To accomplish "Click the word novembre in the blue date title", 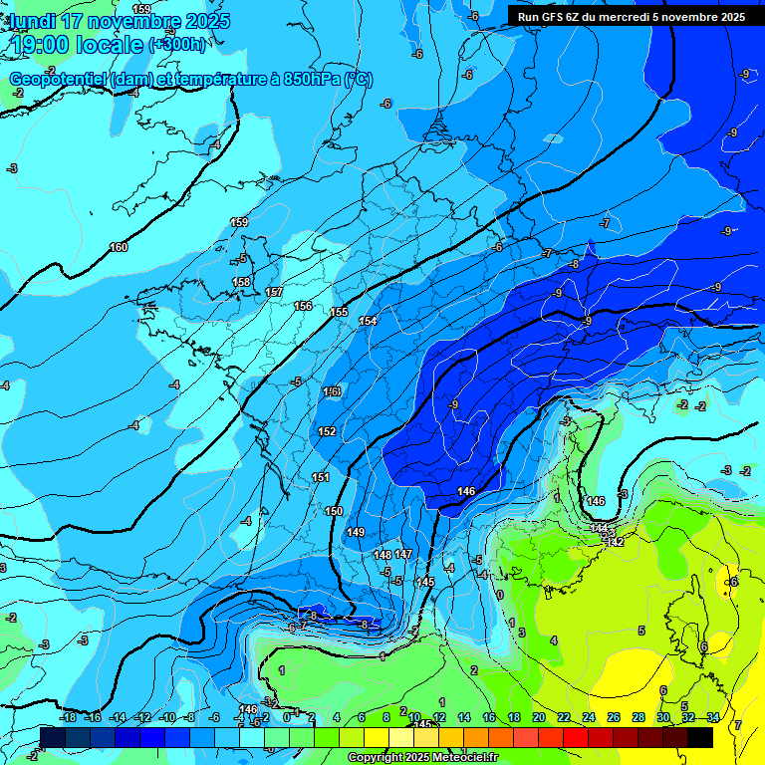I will [133, 21].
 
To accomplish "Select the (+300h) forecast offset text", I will [178, 45].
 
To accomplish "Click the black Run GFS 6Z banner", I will [632, 17].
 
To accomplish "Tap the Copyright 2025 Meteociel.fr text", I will [423, 758].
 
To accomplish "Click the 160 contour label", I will [119, 247].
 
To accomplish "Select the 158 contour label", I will [241, 283].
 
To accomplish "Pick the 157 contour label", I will [275, 292].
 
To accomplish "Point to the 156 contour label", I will [304, 306].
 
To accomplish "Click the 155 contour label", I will [340, 313].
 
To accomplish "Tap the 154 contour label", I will [368, 321].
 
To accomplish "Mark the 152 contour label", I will [327, 431].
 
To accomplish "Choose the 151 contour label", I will [320, 478].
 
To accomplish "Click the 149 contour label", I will [356, 533].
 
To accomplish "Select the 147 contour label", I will [403, 554].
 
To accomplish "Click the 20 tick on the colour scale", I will [539, 717].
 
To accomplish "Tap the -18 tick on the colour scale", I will [69, 717].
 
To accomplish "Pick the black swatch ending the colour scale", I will [700, 737].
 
